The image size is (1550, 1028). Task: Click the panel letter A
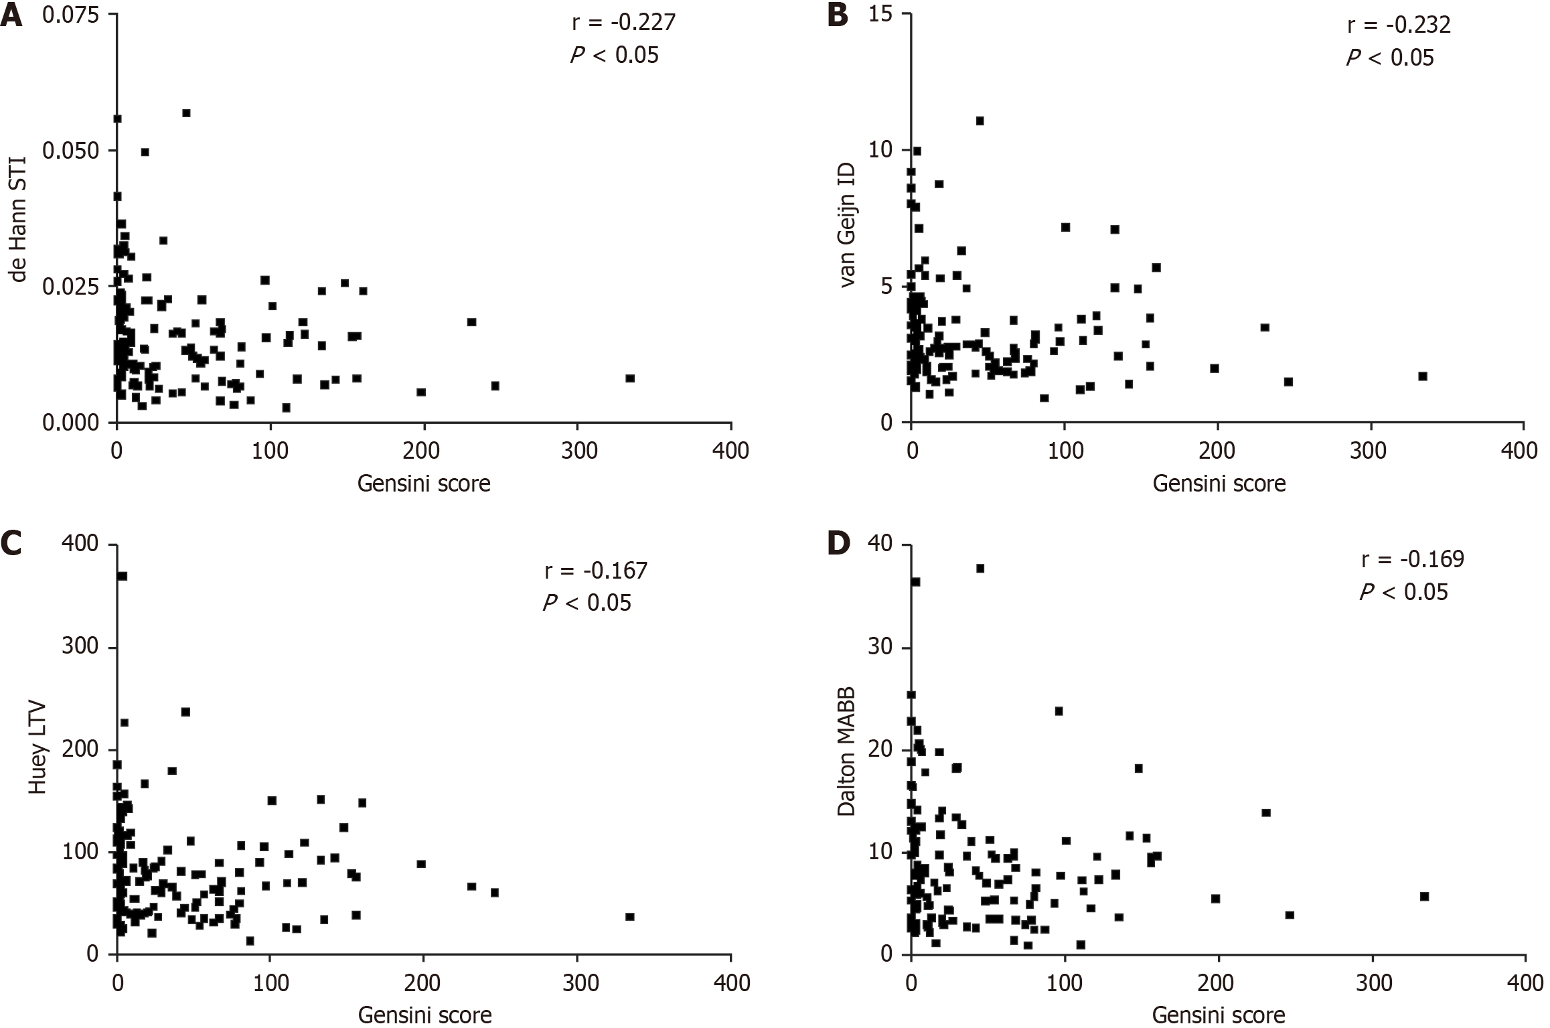[11, 15]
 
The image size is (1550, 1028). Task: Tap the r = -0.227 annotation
[623, 23]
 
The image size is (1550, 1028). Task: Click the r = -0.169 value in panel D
[1413, 559]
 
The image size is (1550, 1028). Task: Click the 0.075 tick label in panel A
[70, 15]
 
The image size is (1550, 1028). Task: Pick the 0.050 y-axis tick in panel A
[70, 150]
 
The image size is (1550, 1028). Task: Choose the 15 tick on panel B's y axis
[882, 15]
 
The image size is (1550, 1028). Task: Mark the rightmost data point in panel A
[629, 378]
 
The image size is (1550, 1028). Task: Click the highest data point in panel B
[980, 121]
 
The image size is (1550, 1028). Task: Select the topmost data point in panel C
[123, 576]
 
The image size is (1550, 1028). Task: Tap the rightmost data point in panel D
[1424, 896]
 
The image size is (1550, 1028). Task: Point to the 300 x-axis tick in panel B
[1367, 449]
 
